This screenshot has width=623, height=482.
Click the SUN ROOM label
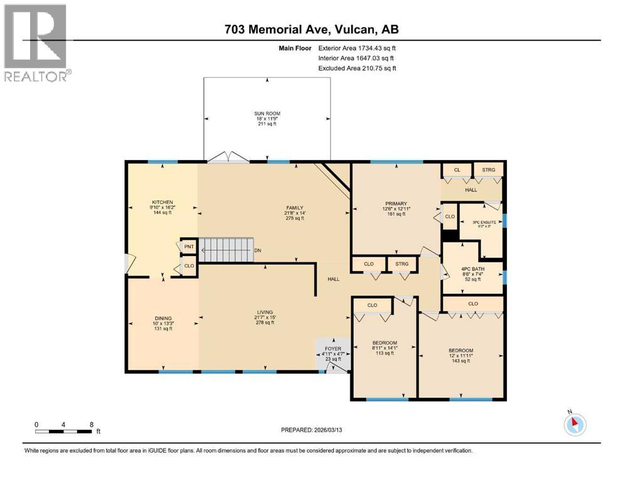click(x=267, y=114)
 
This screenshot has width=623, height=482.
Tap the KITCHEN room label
click(x=157, y=202)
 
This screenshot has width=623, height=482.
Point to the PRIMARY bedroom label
click(x=396, y=203)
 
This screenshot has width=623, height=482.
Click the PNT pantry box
click(x=188, y=247)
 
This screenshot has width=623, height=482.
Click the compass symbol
click(x=574, y=424)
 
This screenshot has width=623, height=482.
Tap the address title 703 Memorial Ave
click(x=311, y=29)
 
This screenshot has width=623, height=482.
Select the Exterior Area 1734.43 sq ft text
click(x=357, y=48)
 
